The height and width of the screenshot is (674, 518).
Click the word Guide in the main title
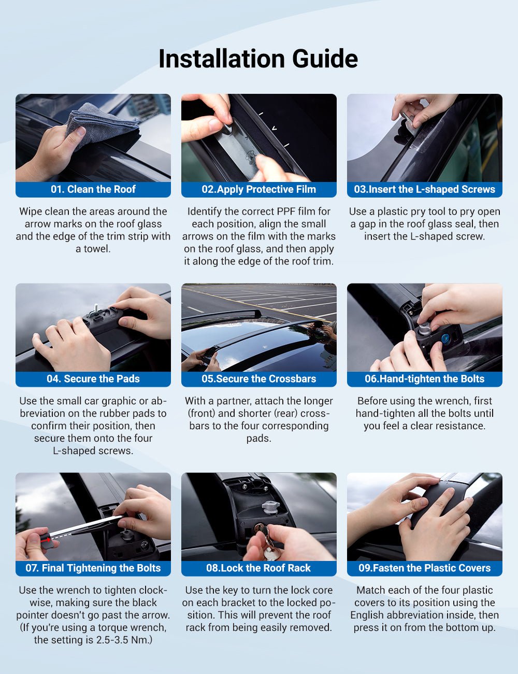[x=325, y=58]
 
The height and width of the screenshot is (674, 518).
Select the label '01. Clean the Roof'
[x=93, y=189]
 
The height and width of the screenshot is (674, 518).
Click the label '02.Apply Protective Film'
[x=258, y=189]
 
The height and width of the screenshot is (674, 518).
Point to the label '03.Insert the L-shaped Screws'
[x=424, y=189]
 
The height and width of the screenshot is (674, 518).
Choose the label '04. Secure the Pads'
[x=93, y=378]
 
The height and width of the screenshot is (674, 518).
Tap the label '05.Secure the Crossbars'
[x=258, y=378]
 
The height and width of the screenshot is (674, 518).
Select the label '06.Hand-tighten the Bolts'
[x=424, y=378]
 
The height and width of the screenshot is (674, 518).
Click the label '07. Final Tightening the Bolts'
[x=93, y=568]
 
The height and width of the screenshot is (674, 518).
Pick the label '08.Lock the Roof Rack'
[x=258, y=568]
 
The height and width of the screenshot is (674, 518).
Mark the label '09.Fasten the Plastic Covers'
[x=424, y=568]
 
